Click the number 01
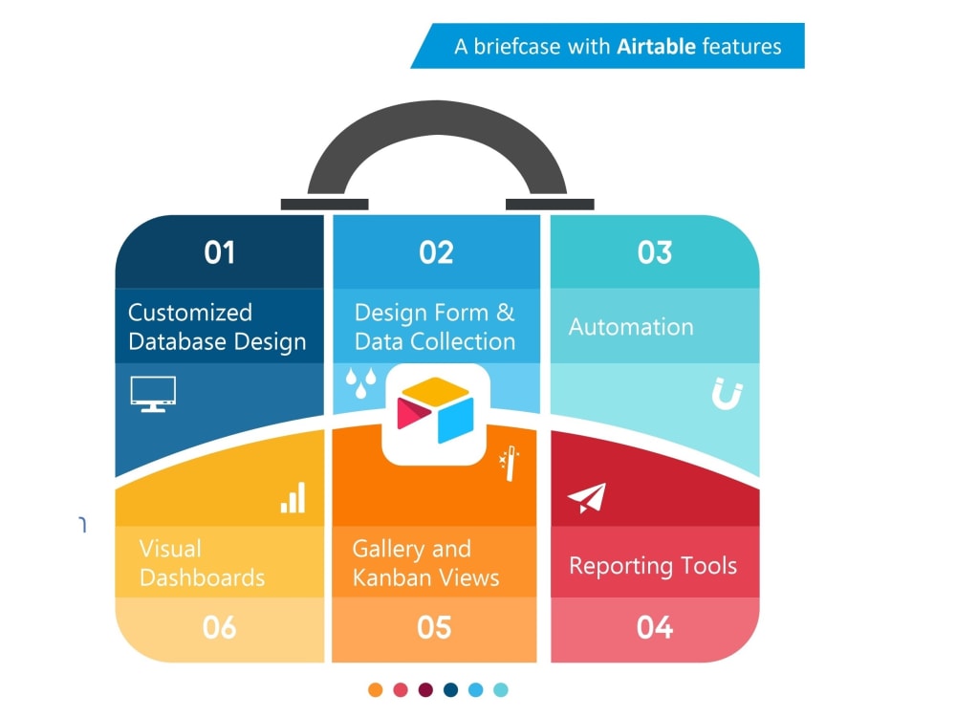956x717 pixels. coord(219,252)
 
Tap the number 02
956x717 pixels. coord(436,252)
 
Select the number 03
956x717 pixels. coord(655,252)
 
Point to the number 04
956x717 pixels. coord(655,628)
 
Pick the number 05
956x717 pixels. coord(434,628)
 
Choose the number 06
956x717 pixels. coord(219,628)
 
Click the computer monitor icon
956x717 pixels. coord(153,393)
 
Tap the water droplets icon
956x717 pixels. coord(360,382)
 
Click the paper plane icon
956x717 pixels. coord(587,498)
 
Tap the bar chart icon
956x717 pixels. coord(293,497)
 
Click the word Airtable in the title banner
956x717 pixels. coord(656,46)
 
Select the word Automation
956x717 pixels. coord(631,327)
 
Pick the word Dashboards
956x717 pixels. coord(202,577)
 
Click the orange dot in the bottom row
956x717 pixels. coord(375,689)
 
